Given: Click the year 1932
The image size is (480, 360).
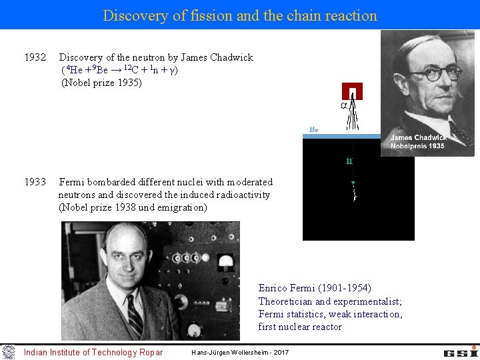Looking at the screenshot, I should point(35,57).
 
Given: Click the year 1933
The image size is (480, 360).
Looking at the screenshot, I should point(35,182).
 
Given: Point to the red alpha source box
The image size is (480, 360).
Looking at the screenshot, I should point(351,91).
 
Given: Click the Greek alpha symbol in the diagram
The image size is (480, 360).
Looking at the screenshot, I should point(344,105).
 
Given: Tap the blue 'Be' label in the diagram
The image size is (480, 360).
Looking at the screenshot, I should point(314,129).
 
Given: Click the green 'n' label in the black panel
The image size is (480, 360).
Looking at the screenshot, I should point(349,161).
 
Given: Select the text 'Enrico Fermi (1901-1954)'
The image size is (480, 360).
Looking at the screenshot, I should point(315,288).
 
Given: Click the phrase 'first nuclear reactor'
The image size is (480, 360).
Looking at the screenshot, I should point(300,327).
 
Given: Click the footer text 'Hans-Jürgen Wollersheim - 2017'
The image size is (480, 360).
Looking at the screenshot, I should point(240,352).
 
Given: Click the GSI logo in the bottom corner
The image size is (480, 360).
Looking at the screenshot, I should point(459,351).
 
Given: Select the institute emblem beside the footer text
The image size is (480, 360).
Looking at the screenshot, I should point(9,351).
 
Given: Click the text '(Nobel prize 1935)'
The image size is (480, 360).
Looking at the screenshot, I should point(101,83).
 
